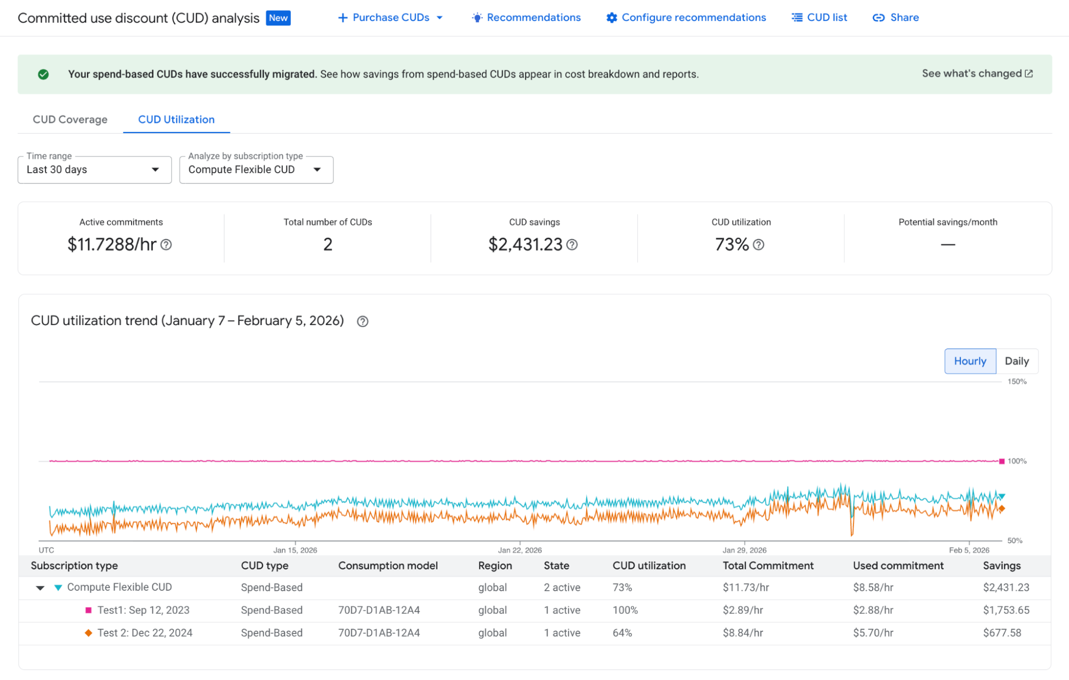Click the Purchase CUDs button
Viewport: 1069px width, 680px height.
390,18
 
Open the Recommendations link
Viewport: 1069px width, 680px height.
526,18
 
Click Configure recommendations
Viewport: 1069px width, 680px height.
686,18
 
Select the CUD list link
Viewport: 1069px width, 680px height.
819,18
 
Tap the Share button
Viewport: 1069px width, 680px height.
896,18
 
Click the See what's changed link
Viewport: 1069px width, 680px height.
977,74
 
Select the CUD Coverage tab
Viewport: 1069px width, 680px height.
70,120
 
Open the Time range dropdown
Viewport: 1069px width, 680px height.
94,170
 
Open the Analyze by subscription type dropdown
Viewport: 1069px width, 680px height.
256,170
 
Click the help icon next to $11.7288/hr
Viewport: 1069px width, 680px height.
166,245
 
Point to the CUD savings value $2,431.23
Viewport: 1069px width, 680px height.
525,245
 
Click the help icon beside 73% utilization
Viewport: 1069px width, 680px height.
758,245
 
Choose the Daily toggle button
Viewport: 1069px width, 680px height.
1016,361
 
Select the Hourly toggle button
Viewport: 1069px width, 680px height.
970,361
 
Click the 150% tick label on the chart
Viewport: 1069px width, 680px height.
1017,382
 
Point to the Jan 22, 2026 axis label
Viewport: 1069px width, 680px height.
520,550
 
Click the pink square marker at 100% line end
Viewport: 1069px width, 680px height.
1002,461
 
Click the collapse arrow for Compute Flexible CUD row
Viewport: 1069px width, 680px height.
40,588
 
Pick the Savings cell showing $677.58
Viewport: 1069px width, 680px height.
1002,633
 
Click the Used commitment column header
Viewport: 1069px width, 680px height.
898,566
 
